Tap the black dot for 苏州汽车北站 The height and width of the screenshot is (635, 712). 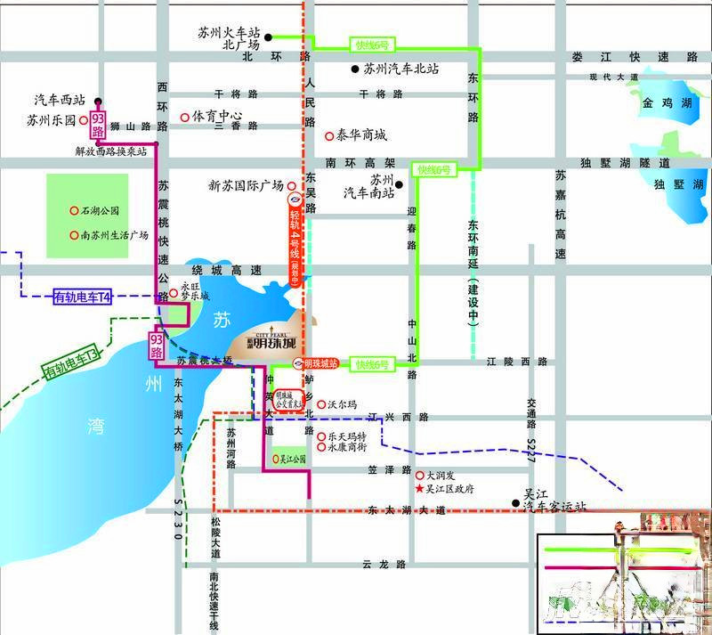pos(354,69)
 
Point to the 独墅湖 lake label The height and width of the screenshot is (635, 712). pos(673,185)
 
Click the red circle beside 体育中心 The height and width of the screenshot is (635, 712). pos(184,117)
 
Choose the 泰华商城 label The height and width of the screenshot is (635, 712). pos(361,135)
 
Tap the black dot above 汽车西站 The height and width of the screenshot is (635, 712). pos(98,101)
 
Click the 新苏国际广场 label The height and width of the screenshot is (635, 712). pos(246,185)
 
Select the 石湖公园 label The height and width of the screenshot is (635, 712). pos(101,212)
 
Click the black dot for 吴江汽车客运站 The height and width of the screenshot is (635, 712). pos(515,504)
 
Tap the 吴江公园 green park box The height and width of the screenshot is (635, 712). pos(289,459)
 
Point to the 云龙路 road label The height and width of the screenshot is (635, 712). pos(384,565)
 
